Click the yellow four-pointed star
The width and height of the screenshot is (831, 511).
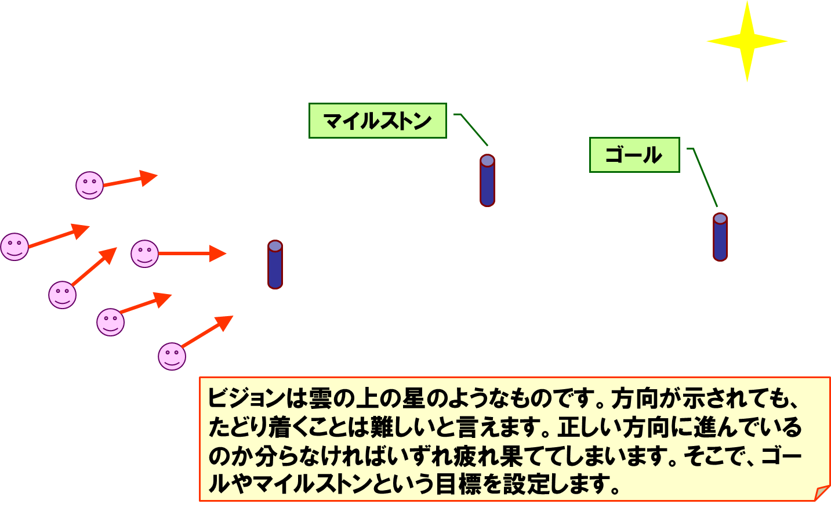pyautogui.click(x=747, y=42)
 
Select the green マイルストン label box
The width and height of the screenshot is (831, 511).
pyautogui.click(x=378, y=121)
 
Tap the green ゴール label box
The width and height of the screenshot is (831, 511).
pyautogui.click(x=634, y=155)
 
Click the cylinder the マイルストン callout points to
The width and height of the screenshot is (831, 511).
pyautogui.click(x=487, y=180)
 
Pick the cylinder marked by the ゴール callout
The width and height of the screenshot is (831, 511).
pyautogui.click(x=720, y=237)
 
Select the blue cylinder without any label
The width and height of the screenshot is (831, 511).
pyautogui.click(x=275, y=264)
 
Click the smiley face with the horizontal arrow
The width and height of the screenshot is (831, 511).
pyautogui.click(x=144, y=253)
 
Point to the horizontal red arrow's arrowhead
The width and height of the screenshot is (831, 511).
pyautogui.click(x=217, y=253)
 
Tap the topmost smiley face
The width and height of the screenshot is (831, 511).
pyautogui.click(x=89, y=186)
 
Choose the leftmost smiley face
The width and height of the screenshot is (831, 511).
pyautogui.click(x=14, y=247)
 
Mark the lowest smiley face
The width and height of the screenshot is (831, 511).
pyautogui.click(x=172, y=356)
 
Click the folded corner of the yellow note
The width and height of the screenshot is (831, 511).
pyautogui.click(x=822, y=493)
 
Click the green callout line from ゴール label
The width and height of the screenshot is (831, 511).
pyautogui.click(x=705, y=176)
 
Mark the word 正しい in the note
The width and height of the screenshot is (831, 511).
pyautogui.click(x=589, y=428)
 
